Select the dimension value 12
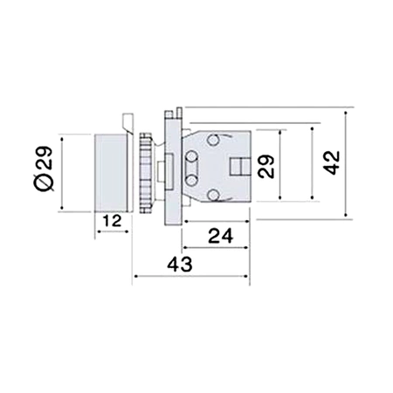pos(111,222)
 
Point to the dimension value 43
pos(181,264)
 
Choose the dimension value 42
pos(330,162)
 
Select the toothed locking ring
pos(143,171)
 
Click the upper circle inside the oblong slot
pos(190,156)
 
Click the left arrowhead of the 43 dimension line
pos(134,279)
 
